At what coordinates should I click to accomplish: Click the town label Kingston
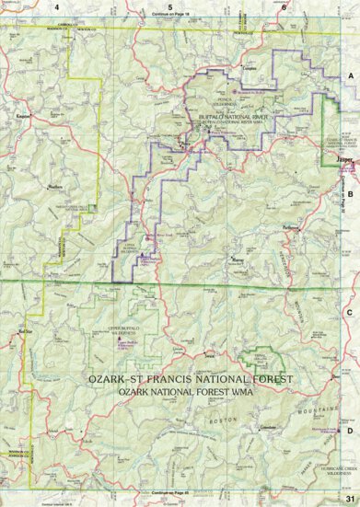point(24,116)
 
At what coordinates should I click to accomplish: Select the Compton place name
point(248,68)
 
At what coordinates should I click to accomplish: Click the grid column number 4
point(56,6)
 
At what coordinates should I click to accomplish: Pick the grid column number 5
point(171,6)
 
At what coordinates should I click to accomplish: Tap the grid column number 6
point(285,6)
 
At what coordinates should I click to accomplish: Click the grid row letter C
point(350,312)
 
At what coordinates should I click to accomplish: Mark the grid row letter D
point(350,430)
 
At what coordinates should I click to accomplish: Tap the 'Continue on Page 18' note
point(171,16)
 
